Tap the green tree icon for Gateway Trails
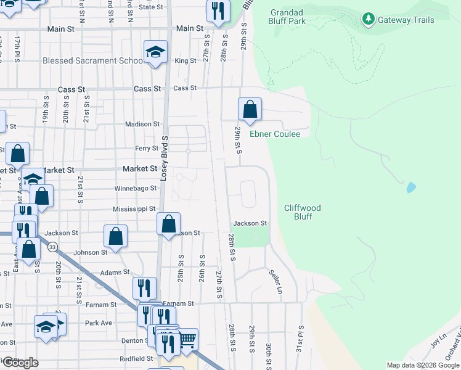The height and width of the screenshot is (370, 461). click(369, 20)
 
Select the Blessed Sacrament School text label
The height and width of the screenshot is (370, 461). click(94, 61)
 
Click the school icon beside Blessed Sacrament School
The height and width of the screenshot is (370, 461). click(156, 52)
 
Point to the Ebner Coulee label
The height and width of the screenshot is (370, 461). click(274, 134)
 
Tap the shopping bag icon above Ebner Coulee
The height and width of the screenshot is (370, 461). click(250, 110)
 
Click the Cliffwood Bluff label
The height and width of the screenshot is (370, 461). click(303, 212)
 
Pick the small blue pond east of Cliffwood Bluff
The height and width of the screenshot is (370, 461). click(410, 186)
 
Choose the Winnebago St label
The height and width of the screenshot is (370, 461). click(136, 189)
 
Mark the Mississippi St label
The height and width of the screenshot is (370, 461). click(134, 209)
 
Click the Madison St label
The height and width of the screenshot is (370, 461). click(142, 124)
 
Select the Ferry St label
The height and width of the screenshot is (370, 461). click(147, 149)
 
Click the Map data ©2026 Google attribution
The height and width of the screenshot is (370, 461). click(423, 365)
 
